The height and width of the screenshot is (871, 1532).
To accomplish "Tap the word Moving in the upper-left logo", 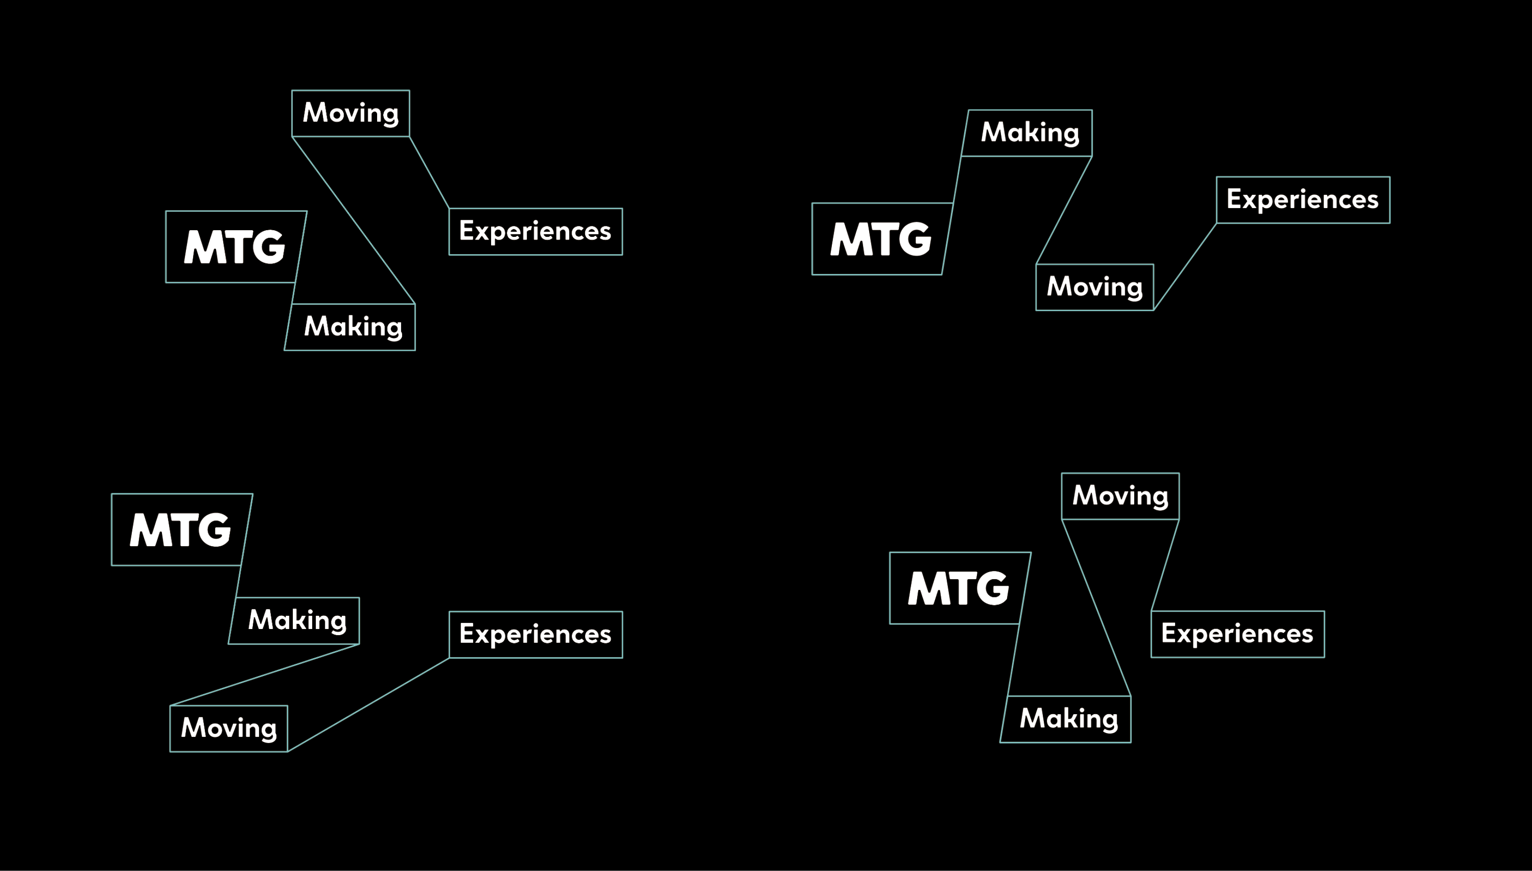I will (x=351, y=113).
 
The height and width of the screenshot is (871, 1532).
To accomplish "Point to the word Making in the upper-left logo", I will (x=353, y=327).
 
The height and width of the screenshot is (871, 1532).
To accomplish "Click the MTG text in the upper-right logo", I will (x=880, y=239).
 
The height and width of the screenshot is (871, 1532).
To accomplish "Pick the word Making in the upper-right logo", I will (x=1030, y=133).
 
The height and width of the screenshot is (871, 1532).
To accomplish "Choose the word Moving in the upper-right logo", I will (x=1095, y=287).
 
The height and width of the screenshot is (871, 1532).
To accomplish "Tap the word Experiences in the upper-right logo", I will (x=1302, y=200).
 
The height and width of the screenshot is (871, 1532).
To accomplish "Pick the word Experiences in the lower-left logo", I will (x=535, y=634).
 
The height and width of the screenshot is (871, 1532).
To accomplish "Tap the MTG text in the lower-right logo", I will (x=958, y=588).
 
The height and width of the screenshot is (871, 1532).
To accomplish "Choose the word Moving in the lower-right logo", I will (x=1120, y=496).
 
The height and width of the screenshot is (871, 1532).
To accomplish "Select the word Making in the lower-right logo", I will (x=1068, y=719).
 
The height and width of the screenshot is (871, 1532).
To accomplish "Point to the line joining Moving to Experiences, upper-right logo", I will (x=1185, y=267).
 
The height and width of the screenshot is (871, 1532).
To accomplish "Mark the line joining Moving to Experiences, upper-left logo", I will (x=429, y=173).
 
